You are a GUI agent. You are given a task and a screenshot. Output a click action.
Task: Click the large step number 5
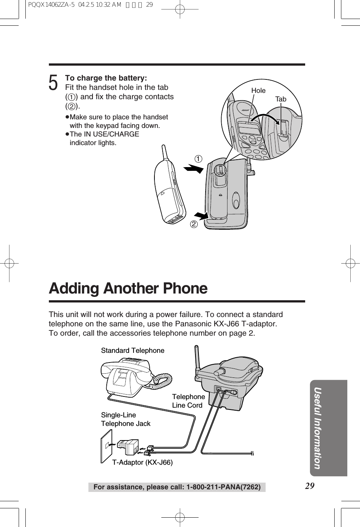click(54, 83)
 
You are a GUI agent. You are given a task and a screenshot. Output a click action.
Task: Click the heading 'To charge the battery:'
click(106, 78)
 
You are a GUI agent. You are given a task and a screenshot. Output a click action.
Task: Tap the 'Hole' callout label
click(258, 91)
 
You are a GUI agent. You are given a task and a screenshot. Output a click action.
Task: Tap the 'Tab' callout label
click(281, 99)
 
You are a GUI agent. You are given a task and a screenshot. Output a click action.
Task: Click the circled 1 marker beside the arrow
click(198, 159)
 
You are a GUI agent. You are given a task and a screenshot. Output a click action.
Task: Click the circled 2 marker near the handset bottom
click(193, 224)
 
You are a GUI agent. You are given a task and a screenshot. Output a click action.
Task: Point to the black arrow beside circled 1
click(194, 169)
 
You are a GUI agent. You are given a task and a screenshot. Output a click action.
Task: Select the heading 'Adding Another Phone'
click(128, 289)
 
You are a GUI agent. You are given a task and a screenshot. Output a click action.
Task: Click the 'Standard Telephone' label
click(132, 351)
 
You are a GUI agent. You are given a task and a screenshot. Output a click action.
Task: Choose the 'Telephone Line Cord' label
click(188, 401)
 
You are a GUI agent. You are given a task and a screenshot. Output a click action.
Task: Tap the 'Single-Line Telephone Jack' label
click(125, 419)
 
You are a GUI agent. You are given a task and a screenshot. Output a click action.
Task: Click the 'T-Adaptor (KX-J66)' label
click(143, 462)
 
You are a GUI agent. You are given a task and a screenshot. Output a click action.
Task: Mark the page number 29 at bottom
click(310, 486)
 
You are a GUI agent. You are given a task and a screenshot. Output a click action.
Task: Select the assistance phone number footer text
click(177, 487)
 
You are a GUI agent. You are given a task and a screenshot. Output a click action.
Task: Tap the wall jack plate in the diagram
click(106, 446)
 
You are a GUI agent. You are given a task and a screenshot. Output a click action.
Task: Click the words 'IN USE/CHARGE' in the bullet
click(111, 134)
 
